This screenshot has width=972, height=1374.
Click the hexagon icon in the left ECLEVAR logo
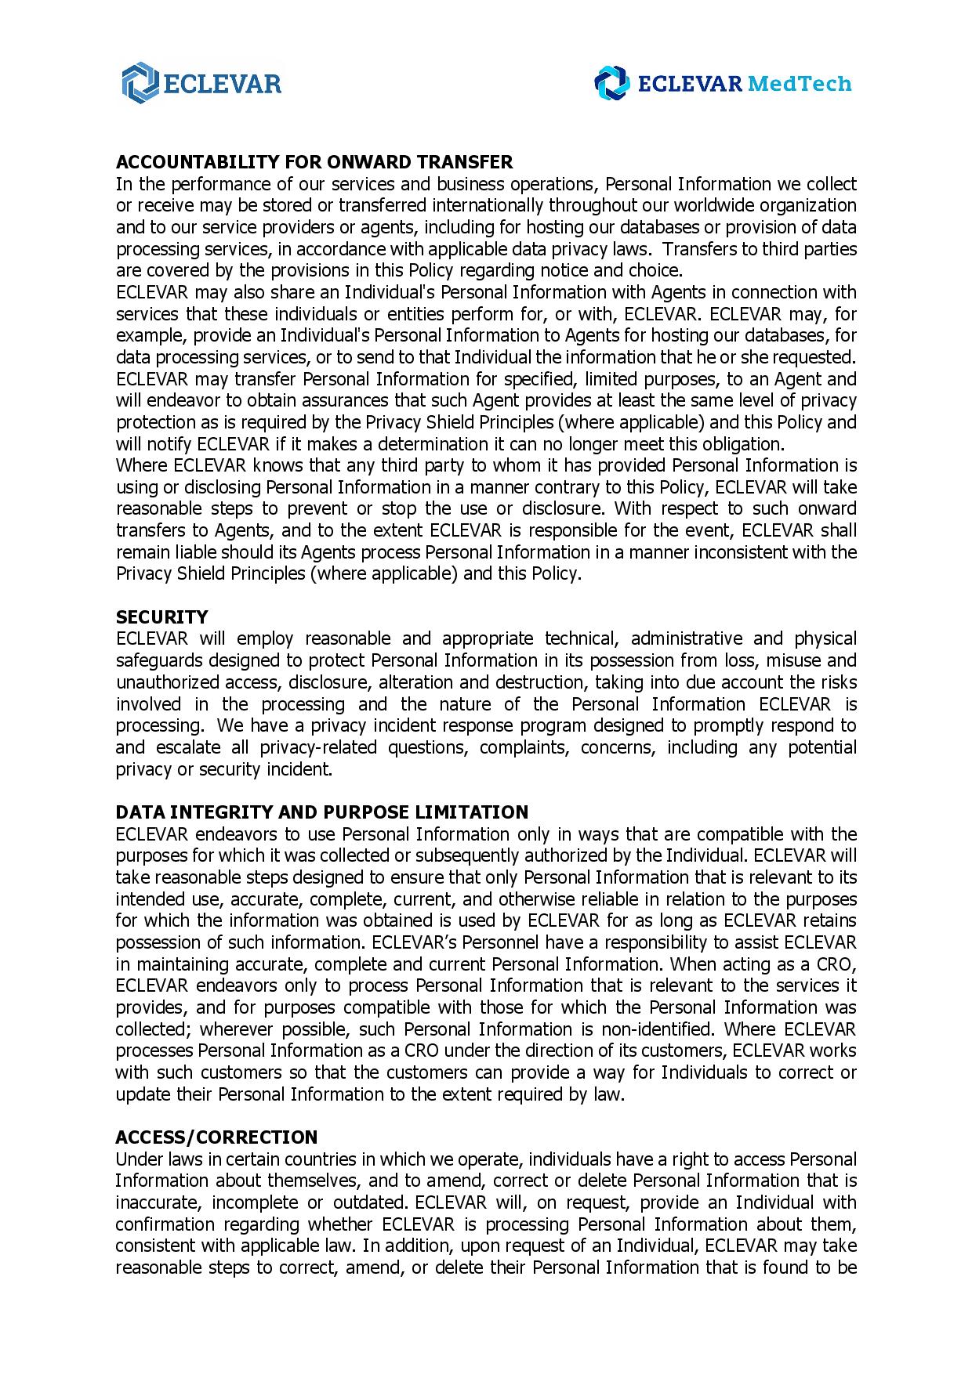point(140,83)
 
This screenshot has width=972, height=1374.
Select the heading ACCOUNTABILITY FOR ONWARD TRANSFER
point(314,162)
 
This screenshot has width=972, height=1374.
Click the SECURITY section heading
point(161,617)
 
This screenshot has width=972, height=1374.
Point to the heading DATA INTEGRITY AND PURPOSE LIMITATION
point(321,812)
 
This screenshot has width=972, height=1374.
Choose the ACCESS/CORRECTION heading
point(216,1137)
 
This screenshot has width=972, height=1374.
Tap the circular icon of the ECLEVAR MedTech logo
point(611,84)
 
